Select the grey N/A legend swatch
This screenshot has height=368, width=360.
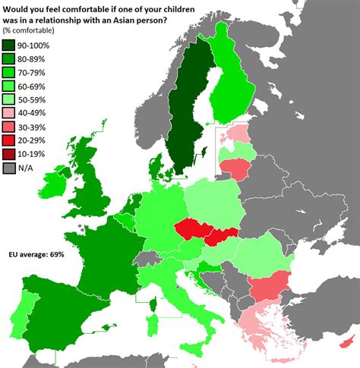(x=11, y=168)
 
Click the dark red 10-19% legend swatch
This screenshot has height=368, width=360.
(x=11, y=153)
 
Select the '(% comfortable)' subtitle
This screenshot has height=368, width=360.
(x=35, y=30)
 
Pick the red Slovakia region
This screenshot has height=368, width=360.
(x=220, y=237)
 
